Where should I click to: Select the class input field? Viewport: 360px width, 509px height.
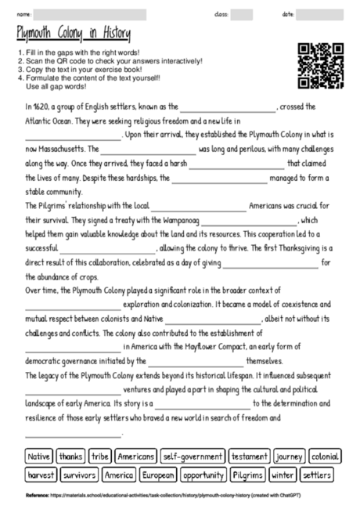click(241, 14)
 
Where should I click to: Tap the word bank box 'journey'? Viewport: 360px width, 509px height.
click(289, 455)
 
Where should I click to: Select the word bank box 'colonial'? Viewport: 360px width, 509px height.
click(325, 455)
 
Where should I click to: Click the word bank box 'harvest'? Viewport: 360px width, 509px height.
click(40, 475)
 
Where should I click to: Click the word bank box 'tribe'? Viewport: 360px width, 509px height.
click(100, 455)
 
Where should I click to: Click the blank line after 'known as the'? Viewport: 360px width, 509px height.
click(227, 108)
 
